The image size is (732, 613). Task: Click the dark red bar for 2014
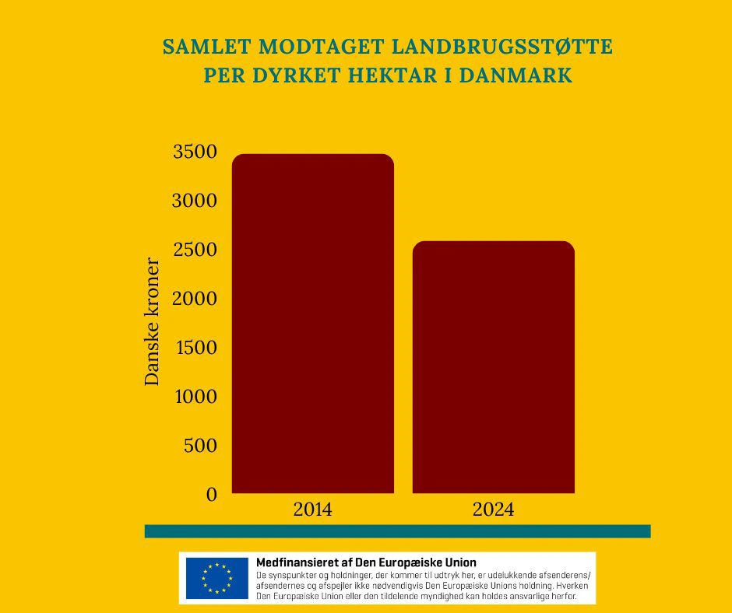pos(313,323)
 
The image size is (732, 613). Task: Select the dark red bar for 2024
pos(493,366)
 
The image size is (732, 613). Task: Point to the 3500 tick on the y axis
pos(194,152)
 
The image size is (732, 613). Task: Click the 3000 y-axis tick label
pos(194,201)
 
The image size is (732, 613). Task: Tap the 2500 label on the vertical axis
pos(194,250)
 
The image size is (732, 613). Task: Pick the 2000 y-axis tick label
pos(194,299)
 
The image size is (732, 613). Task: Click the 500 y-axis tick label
pos(200,446)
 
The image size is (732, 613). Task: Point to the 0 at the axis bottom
pos(210,494)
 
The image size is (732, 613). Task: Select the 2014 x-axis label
pos(312,511)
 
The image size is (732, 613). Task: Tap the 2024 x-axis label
pos(493,511)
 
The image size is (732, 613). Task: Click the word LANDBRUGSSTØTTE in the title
pos(507,48)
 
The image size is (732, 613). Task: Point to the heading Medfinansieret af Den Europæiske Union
pos(366,562)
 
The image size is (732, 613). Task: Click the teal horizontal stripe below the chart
pos(397,531)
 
